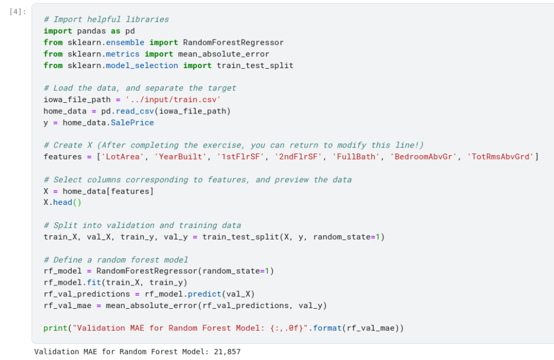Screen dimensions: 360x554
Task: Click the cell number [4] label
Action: click(18, 12)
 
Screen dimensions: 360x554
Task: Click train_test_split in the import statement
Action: click(255, 65)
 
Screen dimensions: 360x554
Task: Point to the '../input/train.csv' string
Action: click(173, 99)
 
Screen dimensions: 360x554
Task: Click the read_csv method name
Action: click(137, 111)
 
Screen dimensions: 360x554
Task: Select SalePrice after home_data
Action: click(132, 123)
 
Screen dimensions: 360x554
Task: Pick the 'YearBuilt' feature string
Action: click(180, 157)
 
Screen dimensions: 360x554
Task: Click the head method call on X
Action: click(63, 202)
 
